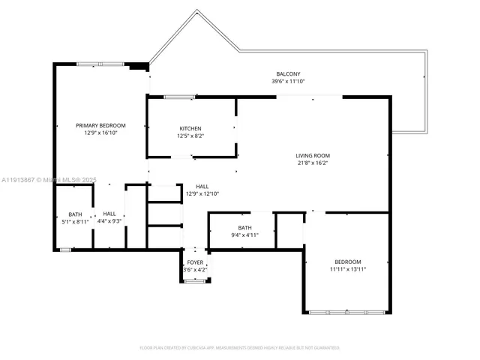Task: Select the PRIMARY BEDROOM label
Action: point(100,125)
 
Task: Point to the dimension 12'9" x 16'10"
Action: point(100,133)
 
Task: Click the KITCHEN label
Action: point(190,128)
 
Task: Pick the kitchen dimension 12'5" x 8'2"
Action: point(190,136)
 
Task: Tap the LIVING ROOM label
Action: point(312,155)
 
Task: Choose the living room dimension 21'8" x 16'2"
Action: point(312,163)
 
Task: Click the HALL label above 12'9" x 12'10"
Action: point(202,186)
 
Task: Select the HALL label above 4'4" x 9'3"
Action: point(109,214)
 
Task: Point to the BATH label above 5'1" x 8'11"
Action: point(75,214)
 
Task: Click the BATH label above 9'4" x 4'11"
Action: point(244,227)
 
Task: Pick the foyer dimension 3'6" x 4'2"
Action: point(195,269)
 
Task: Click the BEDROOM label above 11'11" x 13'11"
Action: point(347,262)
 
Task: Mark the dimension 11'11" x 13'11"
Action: point(347,269)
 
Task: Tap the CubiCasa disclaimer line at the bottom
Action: point(240,348)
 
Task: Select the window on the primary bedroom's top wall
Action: point(100,64)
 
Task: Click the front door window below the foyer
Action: point(195,281)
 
